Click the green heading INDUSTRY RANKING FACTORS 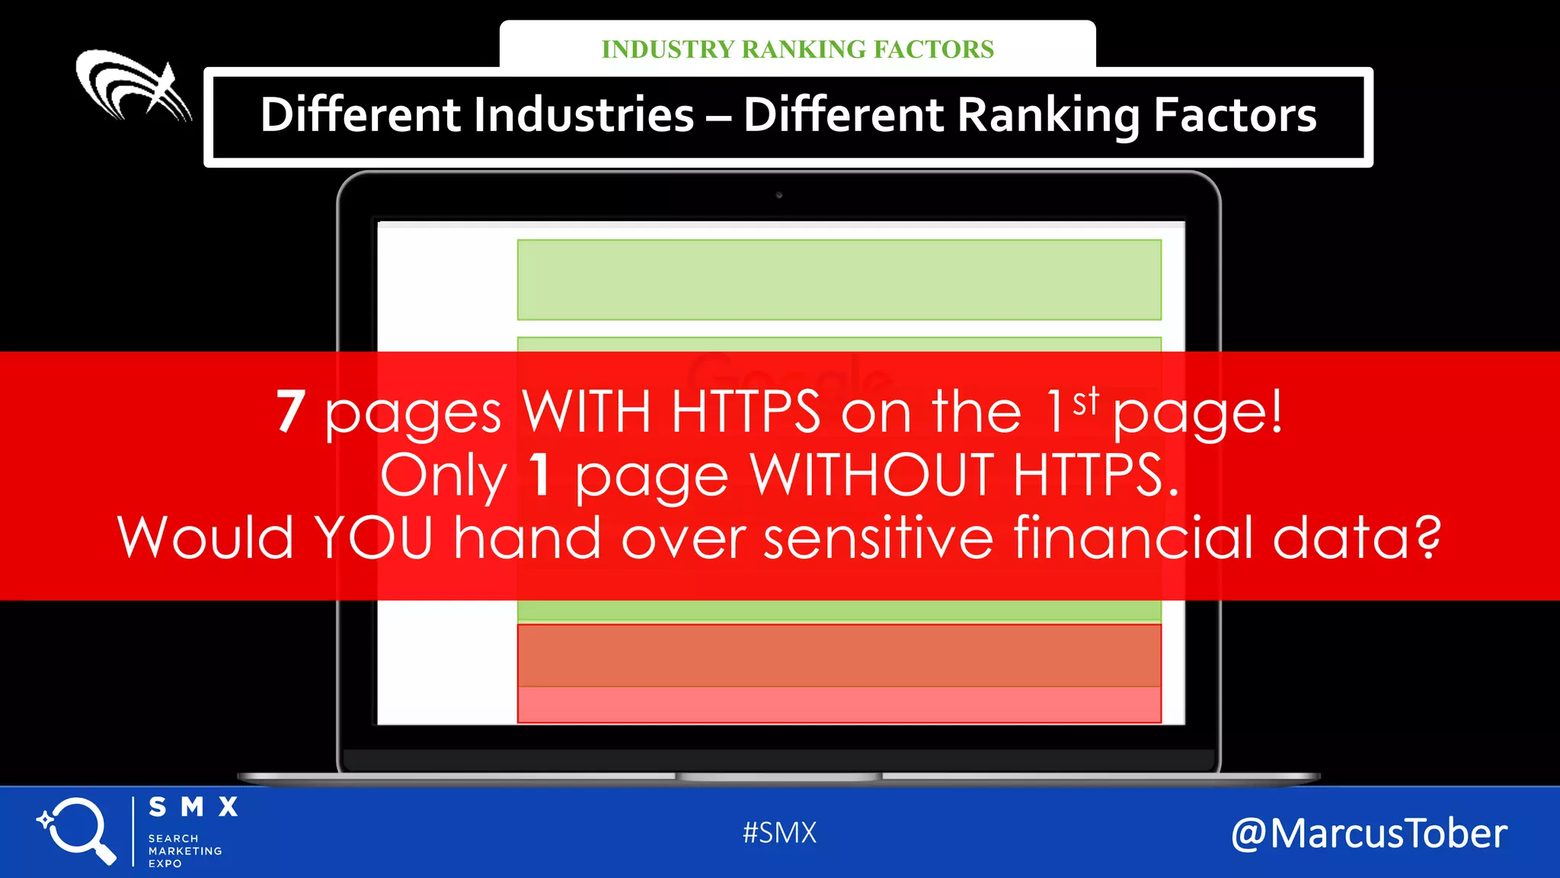[798, 50]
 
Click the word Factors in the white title [1235, 115]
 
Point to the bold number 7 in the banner [290, 412]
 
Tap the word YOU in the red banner [374, 538]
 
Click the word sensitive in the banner [878, 538]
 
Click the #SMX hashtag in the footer [779, 833]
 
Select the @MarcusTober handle [1369, 834]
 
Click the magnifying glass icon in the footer [77, 830]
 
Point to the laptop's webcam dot [778, 195]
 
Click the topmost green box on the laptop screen [839, 280]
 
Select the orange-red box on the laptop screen [839, 656]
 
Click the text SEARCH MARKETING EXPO [185, 851]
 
